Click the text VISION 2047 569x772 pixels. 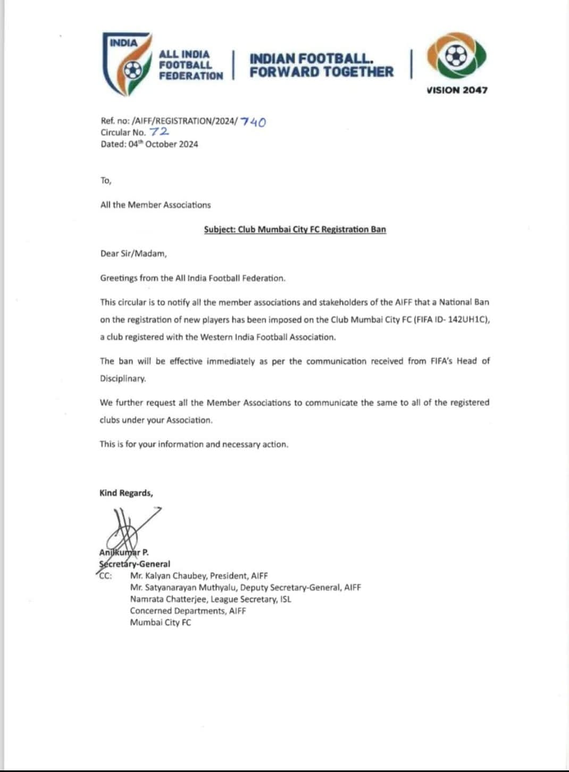coord(457,90)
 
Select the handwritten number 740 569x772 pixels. coord(253,122)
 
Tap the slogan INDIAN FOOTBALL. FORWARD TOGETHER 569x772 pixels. coord(321,65)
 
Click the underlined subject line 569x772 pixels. coord(295,230)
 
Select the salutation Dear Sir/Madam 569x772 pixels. coord(133,254)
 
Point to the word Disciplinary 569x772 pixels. coord(123,379)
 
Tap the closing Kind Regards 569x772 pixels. coord(126,493)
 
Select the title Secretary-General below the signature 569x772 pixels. coord(135,564)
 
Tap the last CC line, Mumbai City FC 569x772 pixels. coord(161,623)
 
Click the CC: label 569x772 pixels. coord(105,576)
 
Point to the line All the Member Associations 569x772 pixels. coord(155,205)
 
